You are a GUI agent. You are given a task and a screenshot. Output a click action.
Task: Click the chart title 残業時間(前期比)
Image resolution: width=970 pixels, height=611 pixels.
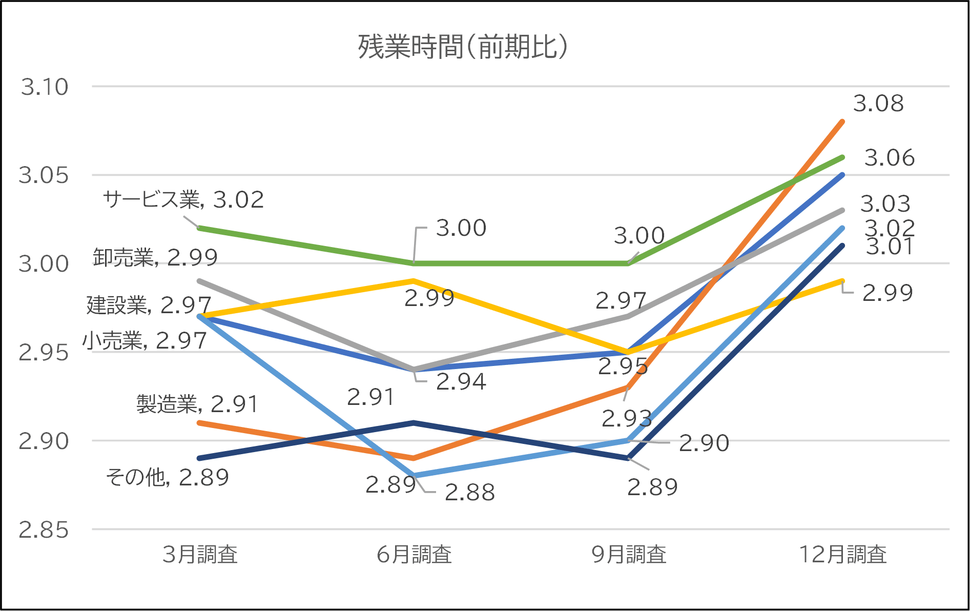pyautogui.click(x=463, y=47)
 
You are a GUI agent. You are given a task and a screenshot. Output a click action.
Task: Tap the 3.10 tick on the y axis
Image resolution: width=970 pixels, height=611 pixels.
pyautogui.click(x=45, y=87)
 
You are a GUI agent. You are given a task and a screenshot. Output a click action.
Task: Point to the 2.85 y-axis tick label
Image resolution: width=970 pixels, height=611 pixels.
pyautogui.click(x=44, y=530)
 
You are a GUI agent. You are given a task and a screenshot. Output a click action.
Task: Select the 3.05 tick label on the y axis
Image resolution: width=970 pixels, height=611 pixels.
pyautogui.click(x=44, y=175)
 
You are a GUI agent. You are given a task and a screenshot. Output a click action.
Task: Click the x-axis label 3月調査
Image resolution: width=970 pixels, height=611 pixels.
pyautogui.click(x=200, y=555)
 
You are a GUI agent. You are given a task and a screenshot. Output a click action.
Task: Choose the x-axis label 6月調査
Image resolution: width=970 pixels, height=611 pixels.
pyautogui.click(x=414, y=555)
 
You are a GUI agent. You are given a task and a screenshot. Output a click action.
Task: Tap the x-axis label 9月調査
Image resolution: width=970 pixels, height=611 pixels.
pyautogui.click(x=629, y=555)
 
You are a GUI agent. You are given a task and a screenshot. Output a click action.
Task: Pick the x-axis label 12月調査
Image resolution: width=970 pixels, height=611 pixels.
pyautogui.click(x=843, y=555)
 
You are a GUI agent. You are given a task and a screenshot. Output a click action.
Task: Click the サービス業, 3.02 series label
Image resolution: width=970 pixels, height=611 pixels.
pyautogui.click(x=183, y=199)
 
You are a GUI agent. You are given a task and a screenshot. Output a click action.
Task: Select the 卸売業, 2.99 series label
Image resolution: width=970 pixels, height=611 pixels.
pyautogui.click(x=155, y=257)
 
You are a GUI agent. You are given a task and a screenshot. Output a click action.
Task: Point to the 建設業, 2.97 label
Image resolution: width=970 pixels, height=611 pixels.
pyautogui.click(x=149, y=305)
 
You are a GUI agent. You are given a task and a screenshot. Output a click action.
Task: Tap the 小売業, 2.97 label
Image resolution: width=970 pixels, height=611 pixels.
pyautogui.click(x=145, y=340)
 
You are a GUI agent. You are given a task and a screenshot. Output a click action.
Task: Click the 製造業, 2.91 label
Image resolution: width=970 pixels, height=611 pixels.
pyautogui.click(x=197, y=404)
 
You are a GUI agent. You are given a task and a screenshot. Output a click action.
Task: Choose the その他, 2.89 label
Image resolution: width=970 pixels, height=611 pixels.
pyautogui.click(x=168, y=477)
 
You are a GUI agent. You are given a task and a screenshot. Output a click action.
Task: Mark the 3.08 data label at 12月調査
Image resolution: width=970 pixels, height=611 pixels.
pyautogui.click(x=878, y=104)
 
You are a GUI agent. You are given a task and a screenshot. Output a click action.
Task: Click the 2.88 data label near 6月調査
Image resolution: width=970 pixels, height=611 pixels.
pyautogui.click(x=469, y=493)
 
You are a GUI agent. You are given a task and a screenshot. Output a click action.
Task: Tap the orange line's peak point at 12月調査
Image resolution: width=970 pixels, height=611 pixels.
pyautogui.click(x=842, y=122)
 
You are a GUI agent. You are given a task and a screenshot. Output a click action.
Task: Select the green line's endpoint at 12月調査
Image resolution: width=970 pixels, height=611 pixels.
pyautogui.click(x=842, y=157)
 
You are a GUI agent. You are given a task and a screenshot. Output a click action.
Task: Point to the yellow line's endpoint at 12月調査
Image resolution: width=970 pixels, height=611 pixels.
pyautogui.click(x=842, y=281)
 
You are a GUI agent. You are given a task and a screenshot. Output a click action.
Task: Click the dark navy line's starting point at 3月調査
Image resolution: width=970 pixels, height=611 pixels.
pyautogui.click(x=199, y=458)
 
